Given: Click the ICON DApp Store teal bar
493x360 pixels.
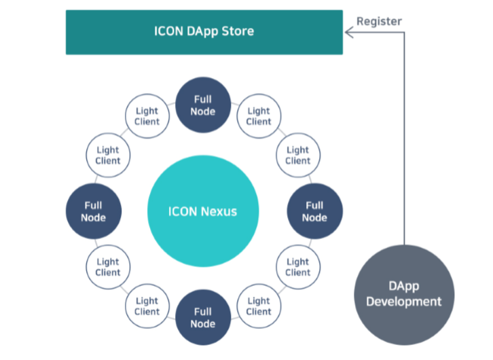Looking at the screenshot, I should click(x=204, y=32).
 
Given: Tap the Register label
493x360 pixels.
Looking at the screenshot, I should click(x=379, y=21).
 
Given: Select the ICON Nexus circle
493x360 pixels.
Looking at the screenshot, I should click(x=202, y=211).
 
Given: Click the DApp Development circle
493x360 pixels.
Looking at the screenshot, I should click(x=404, y=294).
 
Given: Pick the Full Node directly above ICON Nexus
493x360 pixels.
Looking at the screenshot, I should click(x=202, y=105).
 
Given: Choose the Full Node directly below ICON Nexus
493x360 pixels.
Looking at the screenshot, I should click(x=202, y=317).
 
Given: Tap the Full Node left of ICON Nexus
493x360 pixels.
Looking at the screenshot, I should click(x=94, y=211).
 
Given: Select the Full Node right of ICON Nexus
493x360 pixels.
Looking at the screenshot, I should click(x=314, y=211).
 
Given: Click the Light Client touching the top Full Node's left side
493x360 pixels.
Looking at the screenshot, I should click(x=147, y=116).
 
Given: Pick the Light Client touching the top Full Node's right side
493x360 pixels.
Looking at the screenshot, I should click(x=259, y=116).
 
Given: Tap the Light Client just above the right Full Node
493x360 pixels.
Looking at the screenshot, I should click(x=297, y=156).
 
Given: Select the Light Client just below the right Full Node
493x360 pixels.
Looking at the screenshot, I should click(x=297, y=267).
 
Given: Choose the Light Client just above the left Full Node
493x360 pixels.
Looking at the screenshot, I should click(x=108, y=156).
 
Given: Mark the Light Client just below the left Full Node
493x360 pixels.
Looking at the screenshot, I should click(x=108, y=267).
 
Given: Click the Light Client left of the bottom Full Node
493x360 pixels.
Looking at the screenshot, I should click(x=147, y=306).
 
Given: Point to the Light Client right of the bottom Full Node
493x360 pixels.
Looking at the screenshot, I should click(x=259, y=306).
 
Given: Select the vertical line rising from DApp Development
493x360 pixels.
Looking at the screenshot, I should click(x=404, y=136).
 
